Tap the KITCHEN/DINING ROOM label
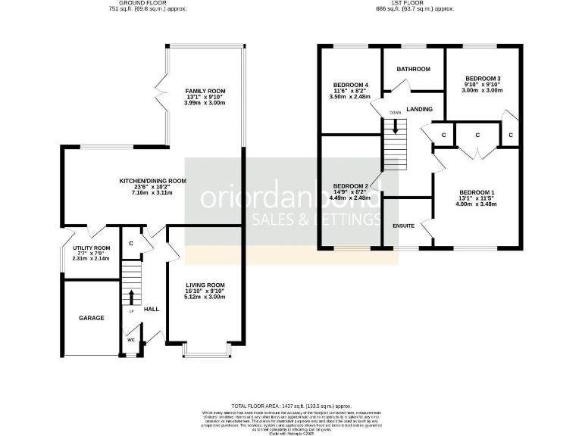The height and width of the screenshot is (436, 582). tap(152, 181)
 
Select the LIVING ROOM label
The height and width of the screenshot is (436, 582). tap(205, 285)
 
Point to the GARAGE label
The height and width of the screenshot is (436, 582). tap(91, 319)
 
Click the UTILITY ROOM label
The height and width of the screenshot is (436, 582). tap(91, 248)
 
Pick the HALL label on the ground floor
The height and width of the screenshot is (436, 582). tap(152, 309)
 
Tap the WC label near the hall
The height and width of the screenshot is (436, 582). tap(131, 340)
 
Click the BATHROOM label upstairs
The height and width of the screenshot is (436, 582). tap(414, 69)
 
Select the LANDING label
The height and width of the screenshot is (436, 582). tap(419, 109)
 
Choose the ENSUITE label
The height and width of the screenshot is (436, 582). tap(403, 226)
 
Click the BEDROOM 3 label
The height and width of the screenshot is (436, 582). tap(483, 78)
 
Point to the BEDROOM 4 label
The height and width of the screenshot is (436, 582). tap(351, 84)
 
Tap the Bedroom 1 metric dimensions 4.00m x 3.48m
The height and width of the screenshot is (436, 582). tap(477, 202)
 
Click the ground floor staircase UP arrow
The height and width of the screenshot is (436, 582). tap(132, 296)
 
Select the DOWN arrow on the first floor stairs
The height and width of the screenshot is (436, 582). tap(395, 125)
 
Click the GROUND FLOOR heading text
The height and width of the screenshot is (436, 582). tap(145, 4)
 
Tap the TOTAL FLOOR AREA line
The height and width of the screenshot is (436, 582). tap(291, 406)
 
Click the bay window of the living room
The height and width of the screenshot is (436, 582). tap(205, 352)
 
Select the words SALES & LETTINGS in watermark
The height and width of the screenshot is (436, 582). tap(314, 220)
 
